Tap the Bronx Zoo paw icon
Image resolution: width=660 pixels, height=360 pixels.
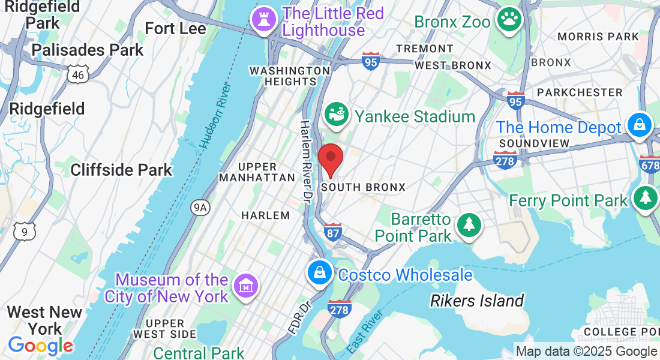[509, 20]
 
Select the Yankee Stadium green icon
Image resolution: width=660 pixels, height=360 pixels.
[337, 114]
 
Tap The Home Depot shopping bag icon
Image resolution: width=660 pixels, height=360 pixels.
[640, 125]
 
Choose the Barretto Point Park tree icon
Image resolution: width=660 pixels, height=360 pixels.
[469, 226]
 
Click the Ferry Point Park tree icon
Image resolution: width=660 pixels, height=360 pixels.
[645, 198]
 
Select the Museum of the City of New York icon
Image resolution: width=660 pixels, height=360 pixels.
[245, 286]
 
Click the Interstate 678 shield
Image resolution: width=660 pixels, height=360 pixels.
[650, 163]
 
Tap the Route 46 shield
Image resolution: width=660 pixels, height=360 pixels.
[79, 74]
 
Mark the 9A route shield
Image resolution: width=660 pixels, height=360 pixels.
[200, 208]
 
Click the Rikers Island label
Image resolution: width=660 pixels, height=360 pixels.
[477, 301]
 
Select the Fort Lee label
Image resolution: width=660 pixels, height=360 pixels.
[175, 28]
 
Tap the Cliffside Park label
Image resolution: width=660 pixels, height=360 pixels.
[121, 170]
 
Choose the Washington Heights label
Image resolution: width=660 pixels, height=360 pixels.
[290, 76]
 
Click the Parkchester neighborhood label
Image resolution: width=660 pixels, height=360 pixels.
[580, 92]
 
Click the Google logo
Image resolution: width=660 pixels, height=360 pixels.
[40, 346]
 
